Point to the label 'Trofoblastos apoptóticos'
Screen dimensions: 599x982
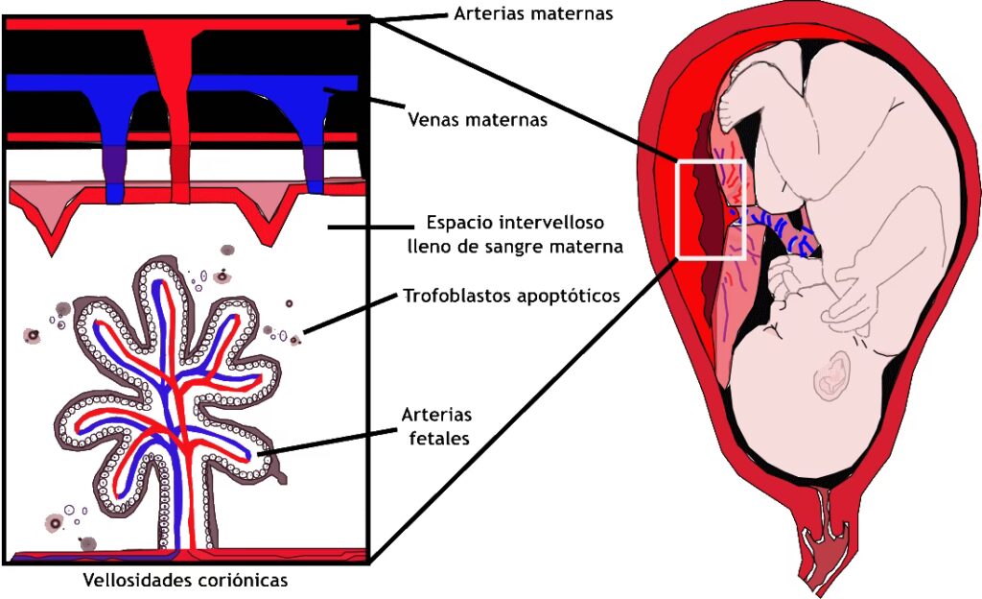tap(511, 296)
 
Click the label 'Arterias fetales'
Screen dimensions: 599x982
tap(437, 425)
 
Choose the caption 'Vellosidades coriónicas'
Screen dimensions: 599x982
tap(185, 580)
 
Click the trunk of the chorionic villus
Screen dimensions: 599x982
tap(182, 509)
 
